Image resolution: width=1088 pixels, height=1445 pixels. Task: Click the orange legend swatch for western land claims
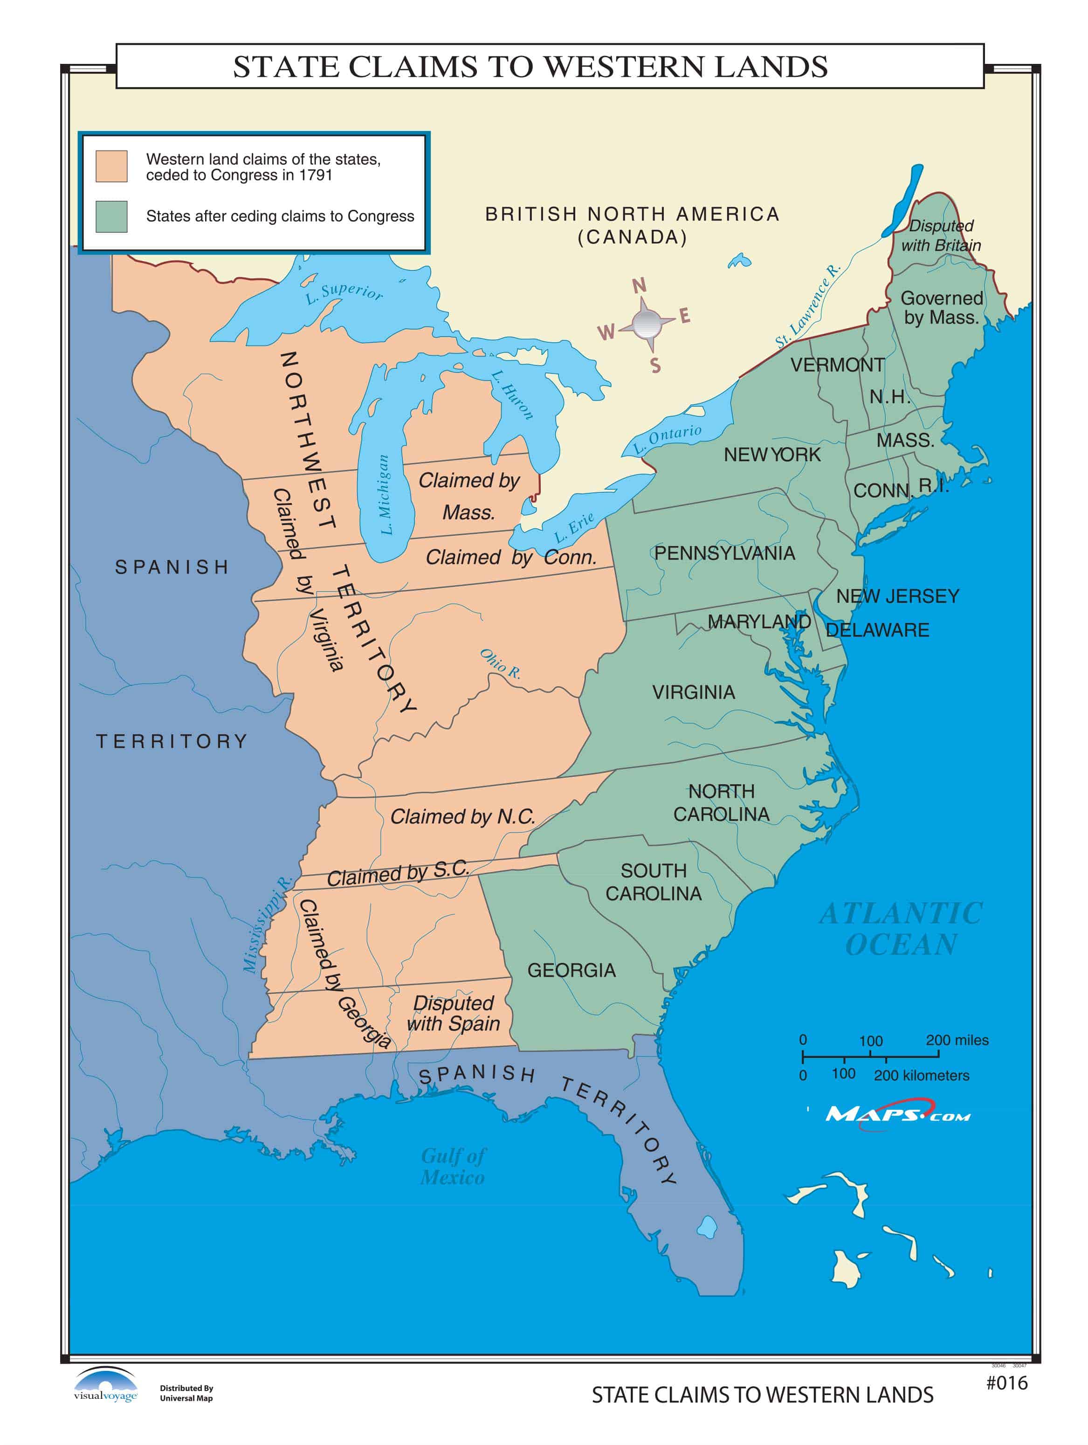(x=111, y=166)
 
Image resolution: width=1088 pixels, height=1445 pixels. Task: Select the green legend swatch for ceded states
(x=111, y=216)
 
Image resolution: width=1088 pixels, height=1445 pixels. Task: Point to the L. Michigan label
(x=386, y=495)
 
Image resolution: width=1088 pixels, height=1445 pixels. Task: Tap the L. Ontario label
(x=668, y=440)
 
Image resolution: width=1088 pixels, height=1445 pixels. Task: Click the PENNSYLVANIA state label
(x=724, y=553)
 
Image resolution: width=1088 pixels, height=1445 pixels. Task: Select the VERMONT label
(x=837, y=365)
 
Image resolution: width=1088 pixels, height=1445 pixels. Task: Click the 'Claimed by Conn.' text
(x=511, y=557)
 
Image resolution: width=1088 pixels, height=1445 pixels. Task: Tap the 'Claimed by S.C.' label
(x=398, y=873)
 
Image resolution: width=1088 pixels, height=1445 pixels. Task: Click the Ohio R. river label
(x=500, y=664)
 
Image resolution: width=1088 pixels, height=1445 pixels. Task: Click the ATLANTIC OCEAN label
(x=901, y=928)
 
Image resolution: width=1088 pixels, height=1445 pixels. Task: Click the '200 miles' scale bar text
(x=956, y=1040)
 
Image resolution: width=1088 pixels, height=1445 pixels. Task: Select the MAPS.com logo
(x=897, y=1114)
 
